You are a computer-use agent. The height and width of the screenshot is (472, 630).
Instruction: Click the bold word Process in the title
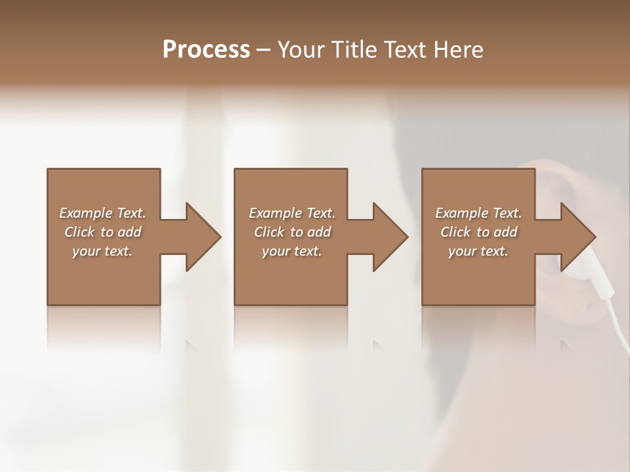[206, 50]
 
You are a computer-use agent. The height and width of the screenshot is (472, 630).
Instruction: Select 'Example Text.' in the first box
[102, 213]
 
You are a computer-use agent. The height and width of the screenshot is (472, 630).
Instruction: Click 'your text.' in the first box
[102, 251]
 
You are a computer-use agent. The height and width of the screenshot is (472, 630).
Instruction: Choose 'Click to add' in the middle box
[292, 232]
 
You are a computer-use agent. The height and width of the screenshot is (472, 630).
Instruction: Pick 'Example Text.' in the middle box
[292, 213]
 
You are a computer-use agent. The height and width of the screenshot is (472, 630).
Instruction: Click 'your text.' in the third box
[478, 251]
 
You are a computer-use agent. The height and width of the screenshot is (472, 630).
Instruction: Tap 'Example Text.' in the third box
[478, 213]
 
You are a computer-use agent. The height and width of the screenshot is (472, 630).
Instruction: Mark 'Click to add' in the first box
[102, 232]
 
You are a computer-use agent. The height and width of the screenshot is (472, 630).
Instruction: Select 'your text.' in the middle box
[292, 251]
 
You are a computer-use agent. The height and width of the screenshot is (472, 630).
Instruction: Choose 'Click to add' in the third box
[478, 232]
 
